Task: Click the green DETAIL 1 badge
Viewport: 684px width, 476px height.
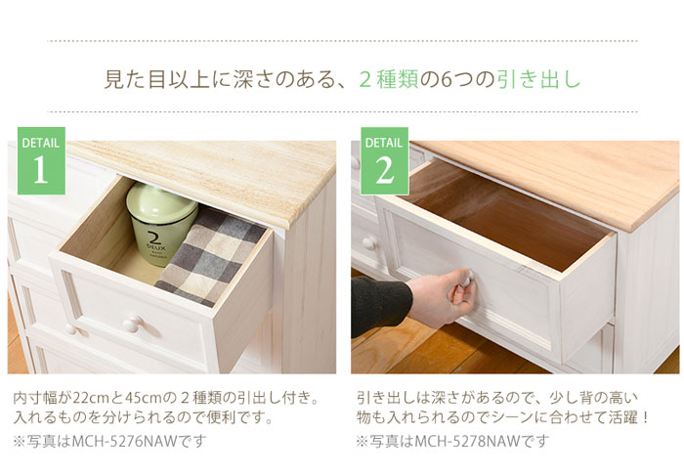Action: tap(40, 160)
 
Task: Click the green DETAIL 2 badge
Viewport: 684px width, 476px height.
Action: tap(383, 160)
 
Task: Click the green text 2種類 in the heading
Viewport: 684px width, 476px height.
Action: tap(389, 80)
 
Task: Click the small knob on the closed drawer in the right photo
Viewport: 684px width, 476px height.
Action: tap(368, 243)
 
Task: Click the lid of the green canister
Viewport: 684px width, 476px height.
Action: tap(162, 195)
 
